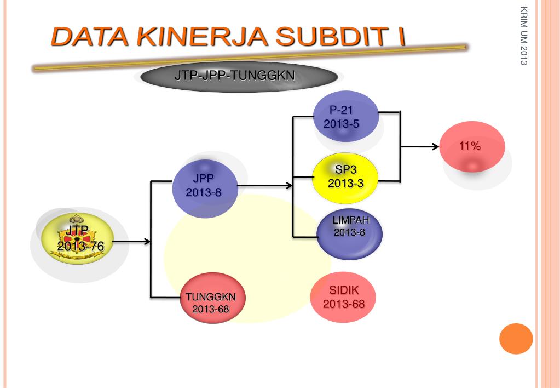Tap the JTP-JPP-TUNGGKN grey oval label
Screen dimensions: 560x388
click(234, 77)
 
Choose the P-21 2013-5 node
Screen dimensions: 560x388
click(346, 117)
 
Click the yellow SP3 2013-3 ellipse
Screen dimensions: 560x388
click(345, 176)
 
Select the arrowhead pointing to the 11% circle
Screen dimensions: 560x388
click(436, 146)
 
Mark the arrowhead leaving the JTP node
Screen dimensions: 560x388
click(147, 241)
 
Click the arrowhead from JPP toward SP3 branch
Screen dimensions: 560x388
click(289, 186)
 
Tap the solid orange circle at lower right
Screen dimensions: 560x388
click(516, 338)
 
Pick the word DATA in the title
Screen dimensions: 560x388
click(88, 37)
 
